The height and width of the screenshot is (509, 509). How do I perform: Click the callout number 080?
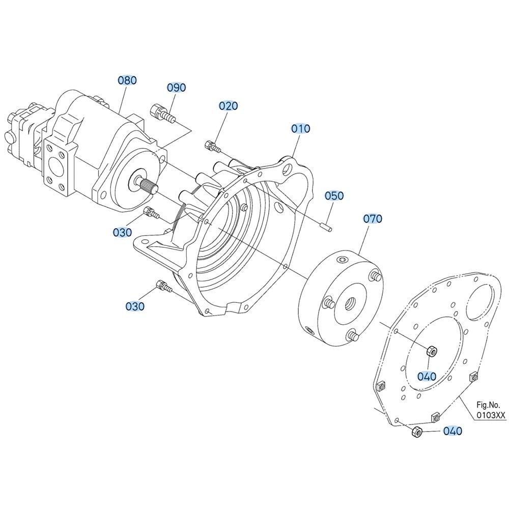(127, 80)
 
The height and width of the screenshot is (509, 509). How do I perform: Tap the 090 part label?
(176, 88)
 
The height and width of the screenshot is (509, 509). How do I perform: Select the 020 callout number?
(228, 106)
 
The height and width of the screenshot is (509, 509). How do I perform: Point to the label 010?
(301, 129)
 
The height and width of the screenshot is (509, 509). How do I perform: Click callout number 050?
(334, 196)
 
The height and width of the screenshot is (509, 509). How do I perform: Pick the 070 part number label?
(373, 219)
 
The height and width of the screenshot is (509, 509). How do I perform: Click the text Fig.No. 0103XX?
(491, 410)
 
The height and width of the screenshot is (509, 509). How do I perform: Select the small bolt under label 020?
(213, 147)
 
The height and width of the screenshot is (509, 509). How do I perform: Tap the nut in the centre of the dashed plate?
(432, 351)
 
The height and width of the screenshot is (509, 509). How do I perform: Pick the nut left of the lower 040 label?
(417, 432)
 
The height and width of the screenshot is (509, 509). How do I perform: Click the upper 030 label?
(122, 232)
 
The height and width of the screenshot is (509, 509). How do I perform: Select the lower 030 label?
(135, 306)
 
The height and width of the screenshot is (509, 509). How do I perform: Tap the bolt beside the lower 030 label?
(164, 287)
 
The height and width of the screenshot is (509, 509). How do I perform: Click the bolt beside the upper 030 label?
(151, 213)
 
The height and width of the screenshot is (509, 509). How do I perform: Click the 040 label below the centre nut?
(427, 377)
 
